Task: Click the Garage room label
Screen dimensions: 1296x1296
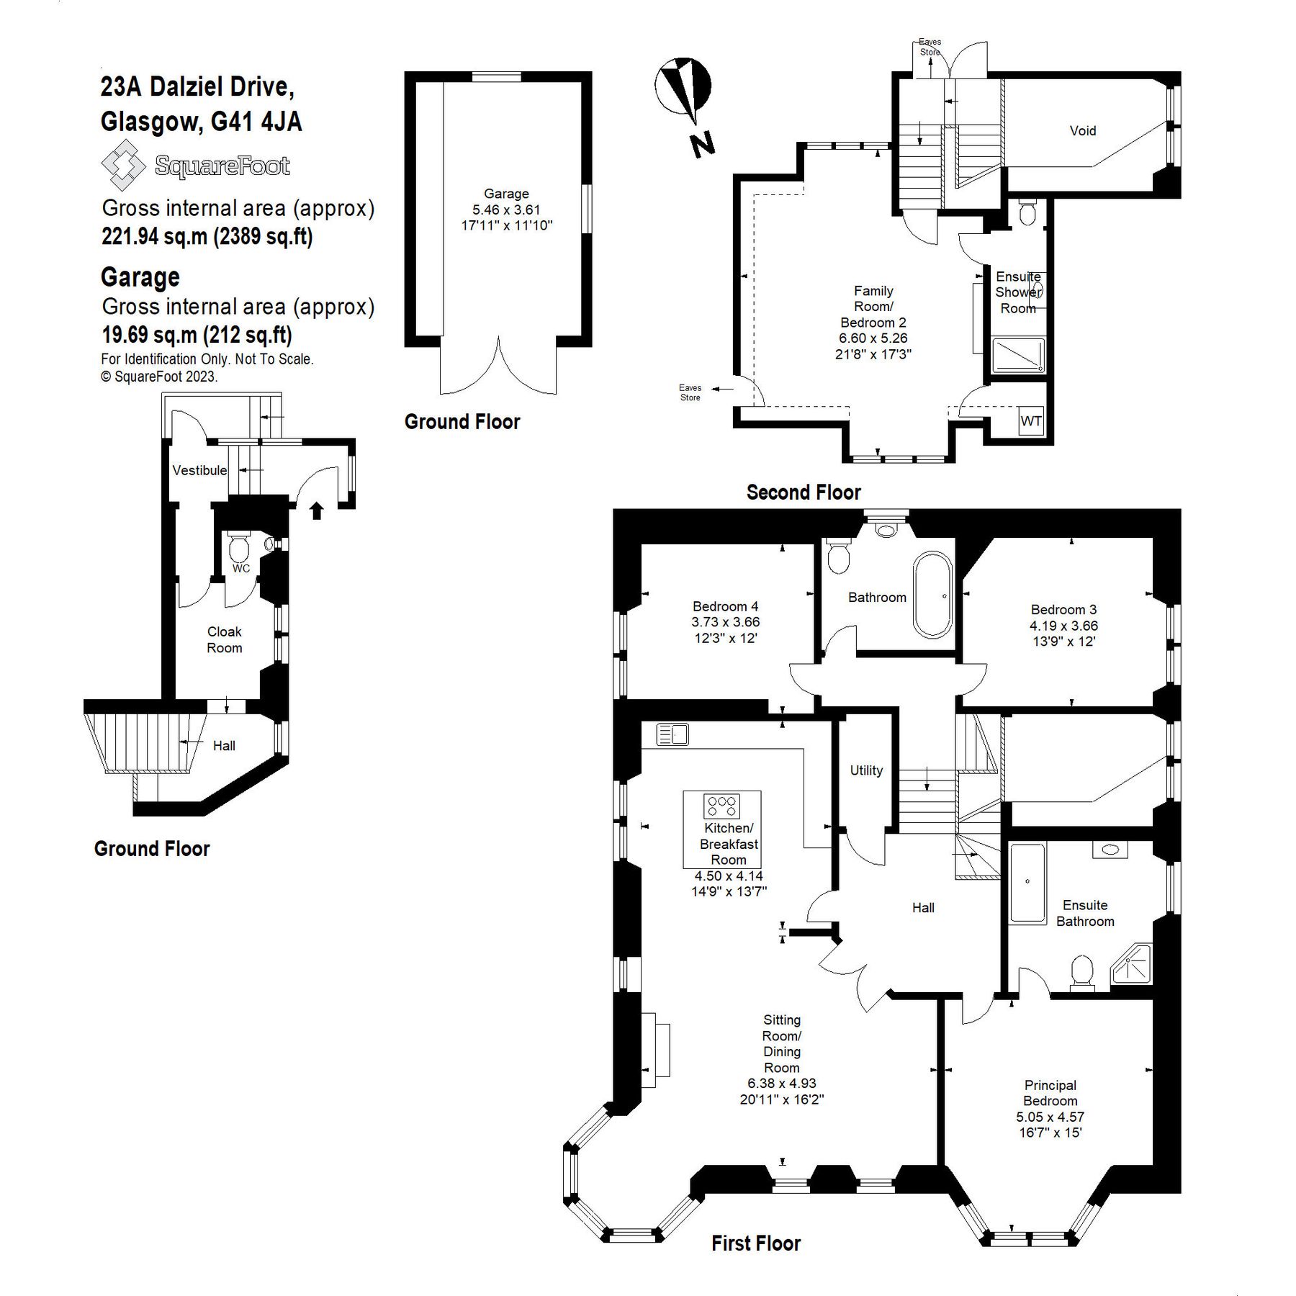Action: [x=506, y=194]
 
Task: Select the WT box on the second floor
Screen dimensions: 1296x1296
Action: [x=1030, y=421]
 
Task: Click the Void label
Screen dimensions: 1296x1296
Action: [x=1082, y=131]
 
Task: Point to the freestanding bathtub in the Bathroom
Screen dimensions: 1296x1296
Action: [x=932, y=595]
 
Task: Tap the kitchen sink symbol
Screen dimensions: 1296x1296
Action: [x=672, y=734]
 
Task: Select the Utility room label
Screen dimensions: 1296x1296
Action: [x=865, y=770]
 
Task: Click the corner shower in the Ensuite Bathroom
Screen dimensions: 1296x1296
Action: [x=1133, y=965]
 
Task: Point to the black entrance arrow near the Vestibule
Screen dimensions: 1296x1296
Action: [x=316, y=510]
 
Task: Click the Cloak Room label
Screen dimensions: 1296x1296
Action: [x=224, y=639]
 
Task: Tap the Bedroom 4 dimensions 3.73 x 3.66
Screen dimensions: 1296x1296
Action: [x=725, y=622]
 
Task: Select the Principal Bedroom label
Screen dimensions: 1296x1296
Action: [x=1050, y=1093]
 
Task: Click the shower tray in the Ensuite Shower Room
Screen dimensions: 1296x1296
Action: [x=1017, y=356]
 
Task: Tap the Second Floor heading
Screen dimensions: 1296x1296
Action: [x=803, y=492]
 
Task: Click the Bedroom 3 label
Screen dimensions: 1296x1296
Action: [x=1063, y=610]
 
